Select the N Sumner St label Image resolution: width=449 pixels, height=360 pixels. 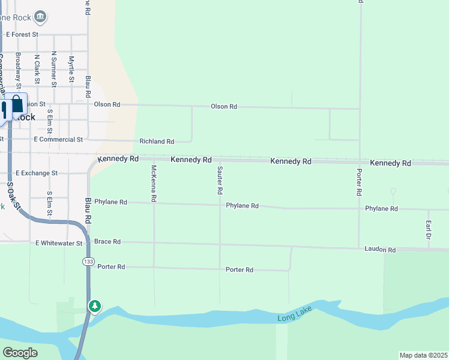pyautogui.click(x=53, y=69)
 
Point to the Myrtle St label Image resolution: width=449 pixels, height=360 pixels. pyautogui.click(x=71, y=70)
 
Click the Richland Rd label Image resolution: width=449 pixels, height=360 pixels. pyautogui.click(x=157, y=142)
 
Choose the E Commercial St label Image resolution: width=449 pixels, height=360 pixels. pyautogui.click(x=58, y=140)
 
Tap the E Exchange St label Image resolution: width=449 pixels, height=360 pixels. pyautogui.click(x=37, y=173)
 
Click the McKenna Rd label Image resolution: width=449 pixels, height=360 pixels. pyautogui.click(x=154, y=182)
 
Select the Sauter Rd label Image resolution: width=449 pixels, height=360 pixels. pyautogui.click(x=220, y=180)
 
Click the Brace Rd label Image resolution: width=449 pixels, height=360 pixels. pyautogui.click(x=107, y=242)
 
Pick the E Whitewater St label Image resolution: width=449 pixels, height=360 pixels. pyautogui.click(x=59, y=243)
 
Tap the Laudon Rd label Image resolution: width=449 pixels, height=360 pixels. pyautogui.click(x=380, y=250)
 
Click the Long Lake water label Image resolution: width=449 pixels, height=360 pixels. pyautogui.click(x=292, y=317)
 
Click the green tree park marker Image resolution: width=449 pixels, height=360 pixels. pyautogui.click(x=94, y=306)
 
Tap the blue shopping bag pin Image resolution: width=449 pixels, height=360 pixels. pyautogui.click(x=17, y=105)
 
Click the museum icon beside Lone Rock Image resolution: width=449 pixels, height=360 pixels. pyautogui.click(x=40, y=16)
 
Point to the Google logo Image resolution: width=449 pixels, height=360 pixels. pyautogui.click(x=20, y=352)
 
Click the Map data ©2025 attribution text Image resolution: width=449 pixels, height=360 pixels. pyautogui.click(x=423, y=355)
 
